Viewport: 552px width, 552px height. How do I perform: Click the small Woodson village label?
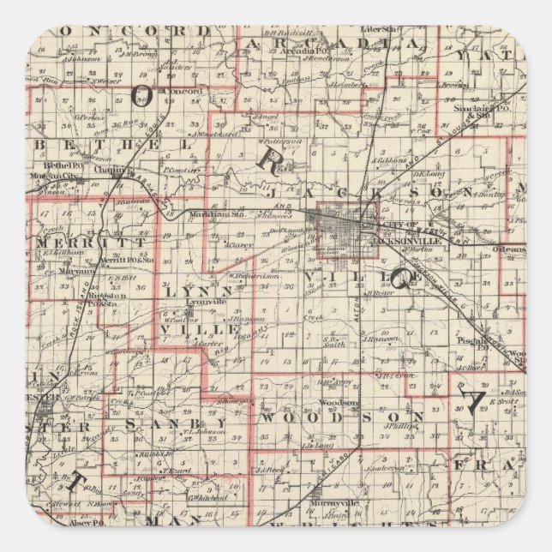click(332, 402)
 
